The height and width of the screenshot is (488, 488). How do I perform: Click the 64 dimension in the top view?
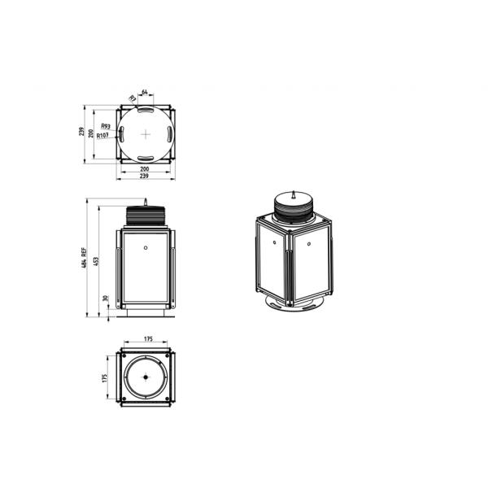click(x=144, y=92)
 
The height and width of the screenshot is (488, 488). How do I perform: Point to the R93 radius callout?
click(x=106, y=126)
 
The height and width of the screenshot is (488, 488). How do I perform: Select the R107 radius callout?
click(x=103, y=136)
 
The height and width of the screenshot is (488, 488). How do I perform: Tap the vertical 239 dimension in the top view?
click(x=81, y=133)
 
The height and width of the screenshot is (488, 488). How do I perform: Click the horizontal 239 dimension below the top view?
click(x=144, y=176)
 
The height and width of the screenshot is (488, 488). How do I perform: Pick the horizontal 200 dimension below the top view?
click(x=144, y=168)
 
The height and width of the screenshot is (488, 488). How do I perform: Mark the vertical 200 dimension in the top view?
click(x=91, y=133)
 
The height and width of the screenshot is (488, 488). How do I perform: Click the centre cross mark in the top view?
click(x=145, y=133)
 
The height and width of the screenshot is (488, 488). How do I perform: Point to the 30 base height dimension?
click(x=106, y=298)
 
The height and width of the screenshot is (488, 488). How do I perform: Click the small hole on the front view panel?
click(x=145, y=248)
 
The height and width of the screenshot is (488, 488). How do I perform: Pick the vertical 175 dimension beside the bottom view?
click(x=106, y=378)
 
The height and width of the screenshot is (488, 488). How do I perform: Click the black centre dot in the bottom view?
click(x=145, y=377)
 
